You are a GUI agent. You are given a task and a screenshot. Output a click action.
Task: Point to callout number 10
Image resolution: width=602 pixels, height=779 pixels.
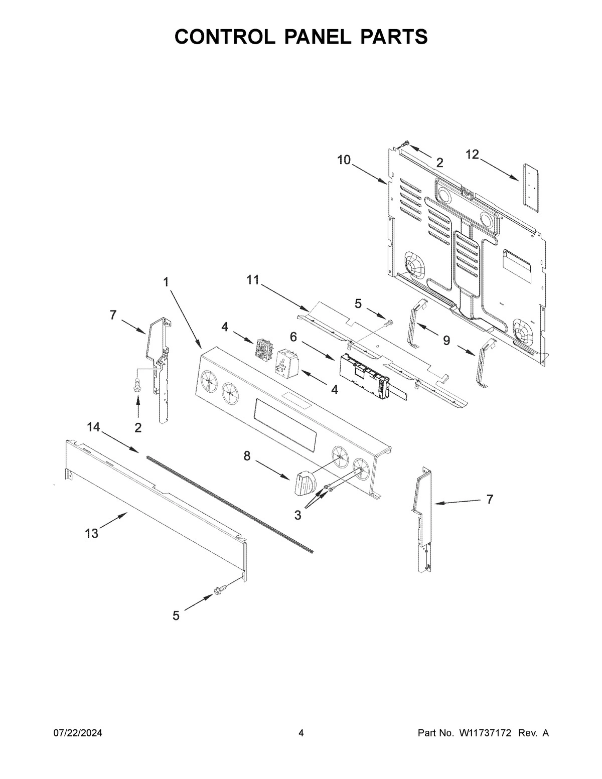tap(344, 160)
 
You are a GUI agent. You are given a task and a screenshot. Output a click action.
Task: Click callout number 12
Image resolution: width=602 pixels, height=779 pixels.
tap(472, 155)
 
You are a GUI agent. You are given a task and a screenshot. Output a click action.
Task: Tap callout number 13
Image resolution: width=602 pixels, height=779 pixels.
tap(92, 534)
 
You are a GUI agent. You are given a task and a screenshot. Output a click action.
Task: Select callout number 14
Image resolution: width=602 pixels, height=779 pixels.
tap(93, 427)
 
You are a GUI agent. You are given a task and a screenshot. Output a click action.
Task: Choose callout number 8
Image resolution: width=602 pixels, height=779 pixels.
tap(246, 456)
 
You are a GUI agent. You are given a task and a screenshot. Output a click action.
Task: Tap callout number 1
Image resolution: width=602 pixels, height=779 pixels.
tap(166, 282)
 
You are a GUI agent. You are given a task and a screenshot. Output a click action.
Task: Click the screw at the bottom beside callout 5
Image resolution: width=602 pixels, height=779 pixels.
tap(220, 591)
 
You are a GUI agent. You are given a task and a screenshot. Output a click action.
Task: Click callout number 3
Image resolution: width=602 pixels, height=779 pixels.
tap(298, 515)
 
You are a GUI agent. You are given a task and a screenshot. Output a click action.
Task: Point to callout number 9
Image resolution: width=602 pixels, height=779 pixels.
tap(446, 341)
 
